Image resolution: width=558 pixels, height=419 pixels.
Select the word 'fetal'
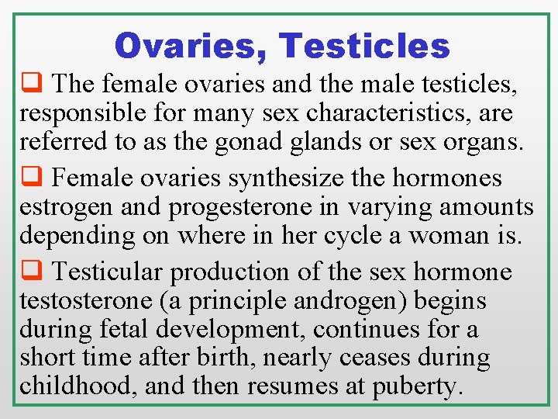(123, 330)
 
